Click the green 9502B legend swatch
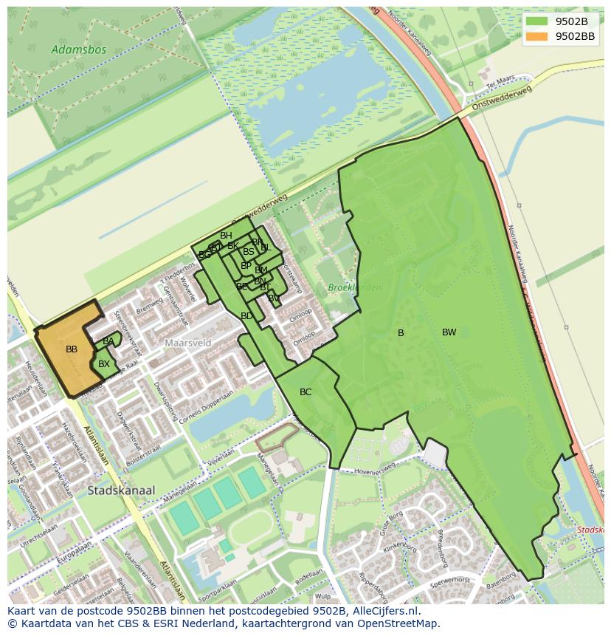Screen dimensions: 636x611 coord(537,21)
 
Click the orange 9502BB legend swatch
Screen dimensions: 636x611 coord(537,36)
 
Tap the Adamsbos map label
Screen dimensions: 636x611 coord(79,50)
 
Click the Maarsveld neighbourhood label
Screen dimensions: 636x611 coord(188,343)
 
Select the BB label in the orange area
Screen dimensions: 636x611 coord(72,349)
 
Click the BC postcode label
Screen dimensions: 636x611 coord(305,392)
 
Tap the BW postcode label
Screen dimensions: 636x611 coord(449,332)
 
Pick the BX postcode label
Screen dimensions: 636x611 coord(104,364)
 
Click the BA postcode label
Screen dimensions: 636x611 coord(108,341)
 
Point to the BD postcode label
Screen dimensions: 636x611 coord(246,316)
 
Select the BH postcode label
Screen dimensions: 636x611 coord(226,236)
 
